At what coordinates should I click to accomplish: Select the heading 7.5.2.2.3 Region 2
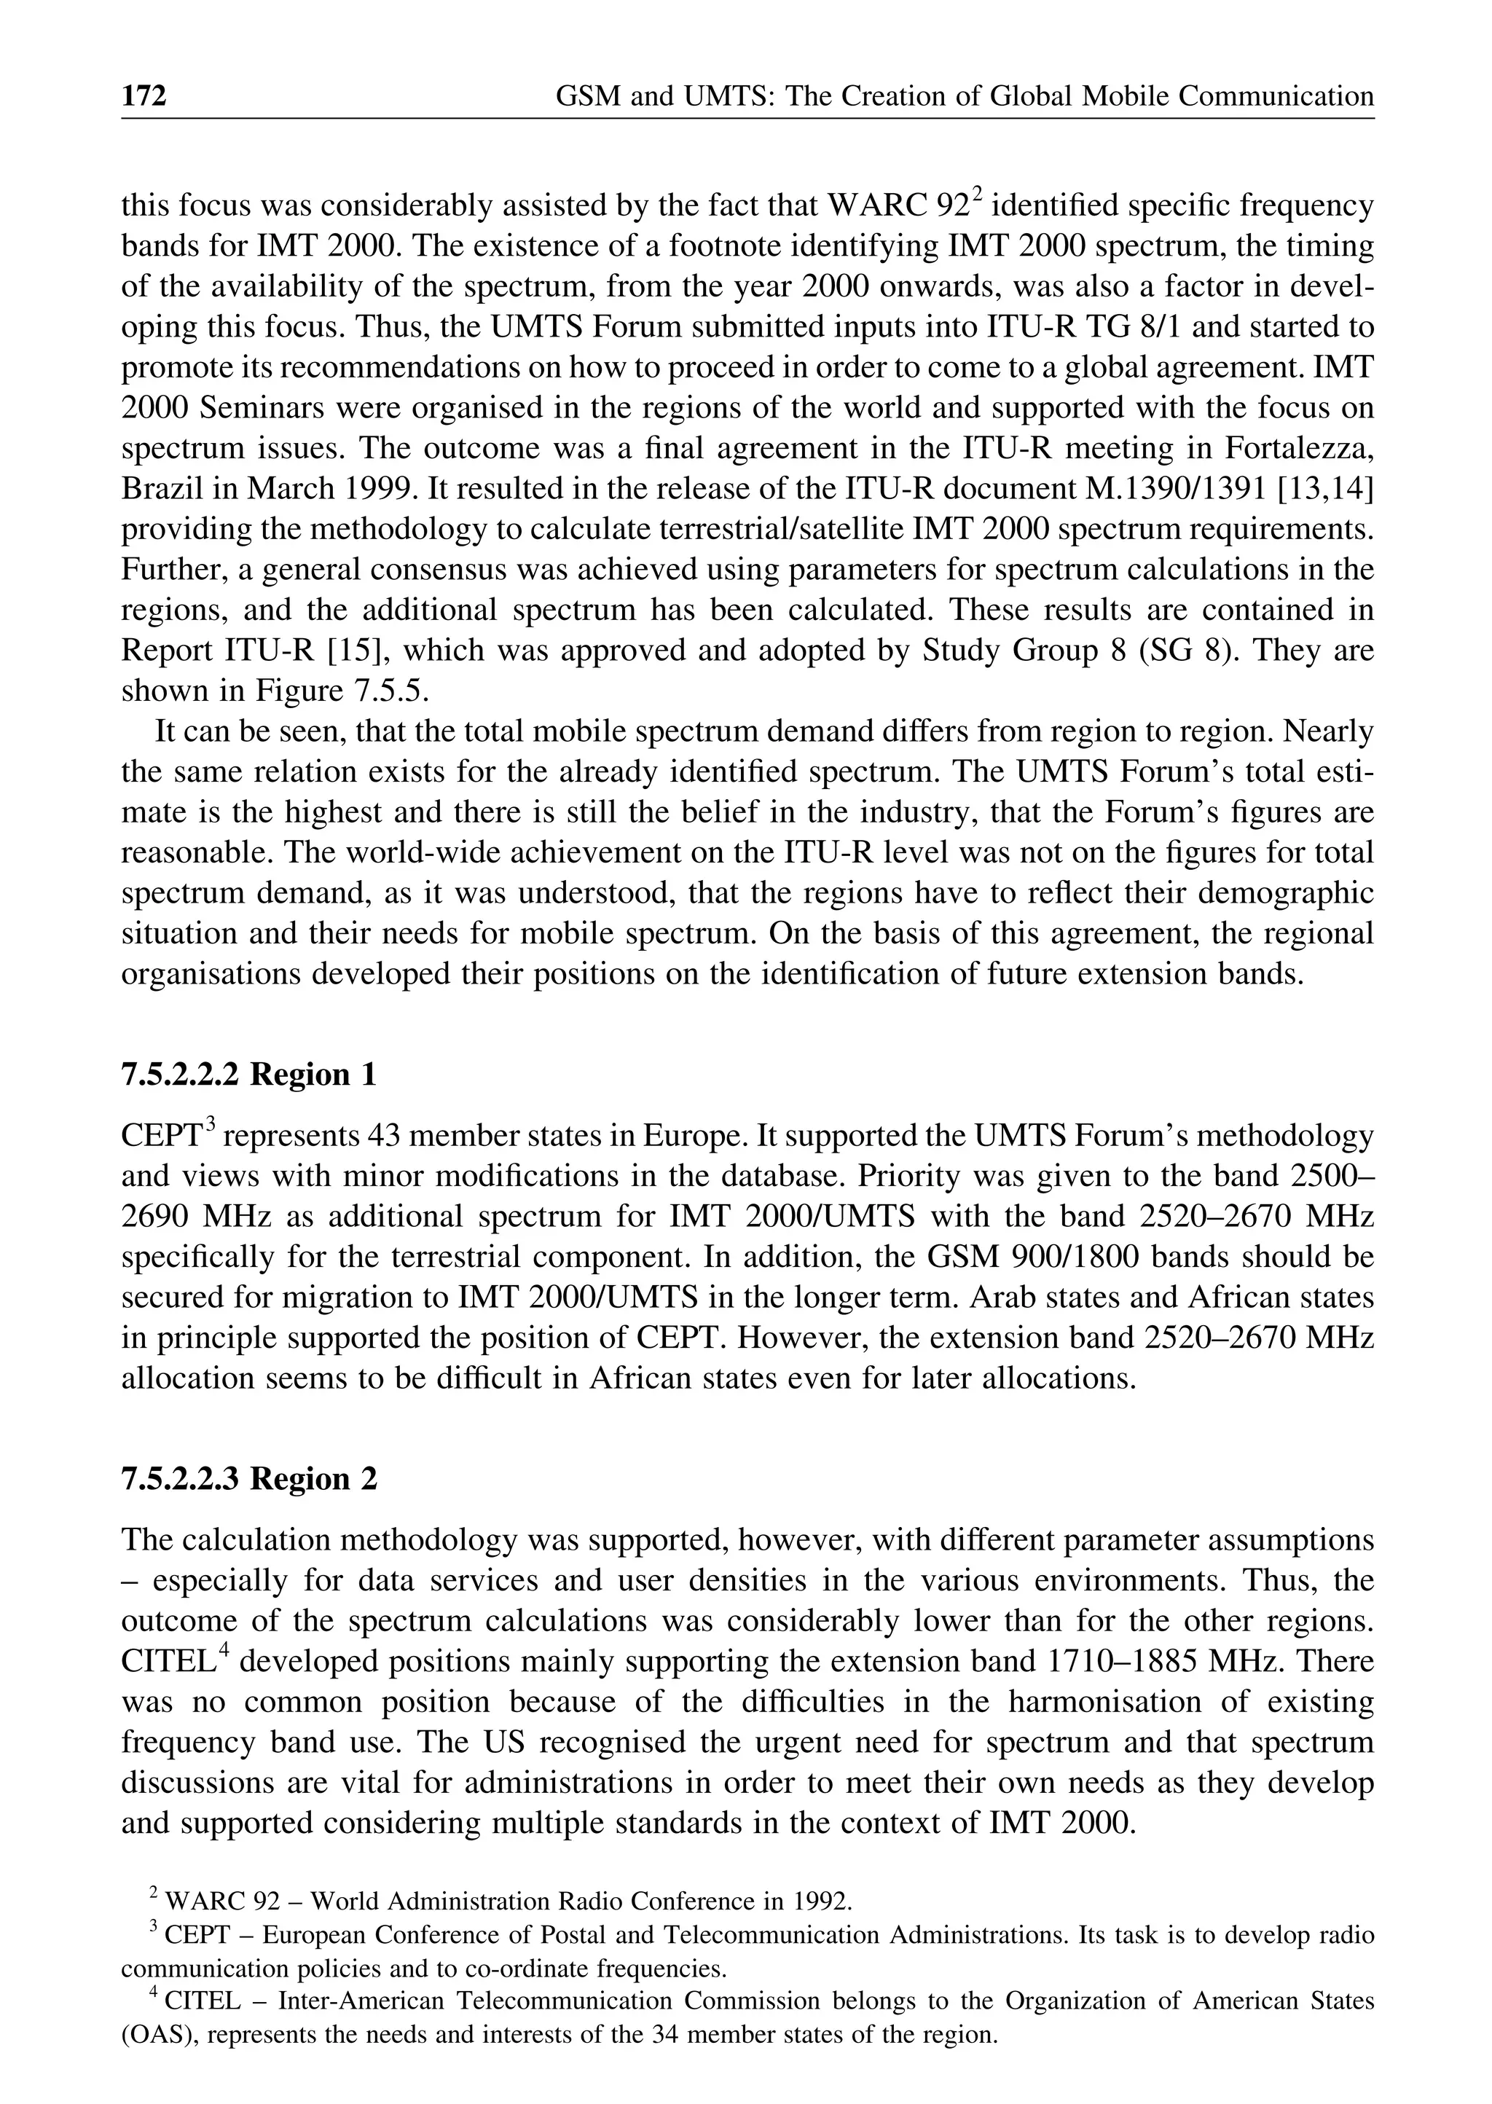click(x=249, y=1478)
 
